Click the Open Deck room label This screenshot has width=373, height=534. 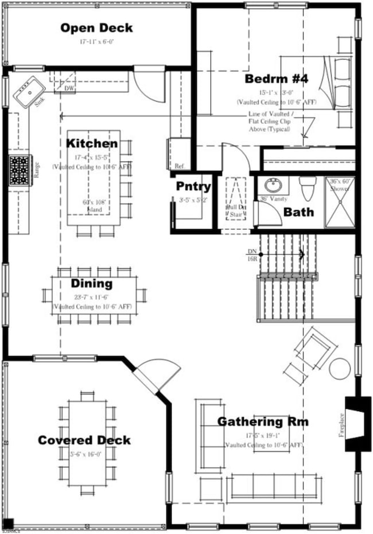coord(96,28)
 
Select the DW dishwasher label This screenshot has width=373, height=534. coord(69,88)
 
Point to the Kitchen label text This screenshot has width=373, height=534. coord(92,143)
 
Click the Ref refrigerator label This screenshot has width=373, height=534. coord(179,166)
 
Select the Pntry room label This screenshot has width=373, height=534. coord(193,187)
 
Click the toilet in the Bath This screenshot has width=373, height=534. coord(308,188)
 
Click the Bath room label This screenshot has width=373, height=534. coord(298,212)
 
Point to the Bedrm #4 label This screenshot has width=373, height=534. coord(277,79)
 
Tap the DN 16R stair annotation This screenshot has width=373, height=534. coord(252,255)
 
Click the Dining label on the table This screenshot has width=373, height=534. coord(92,283)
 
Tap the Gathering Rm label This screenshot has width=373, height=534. coord(262,422)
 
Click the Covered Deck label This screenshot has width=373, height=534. coord(84,440)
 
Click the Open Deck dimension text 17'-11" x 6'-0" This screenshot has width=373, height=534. coord(97,42)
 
